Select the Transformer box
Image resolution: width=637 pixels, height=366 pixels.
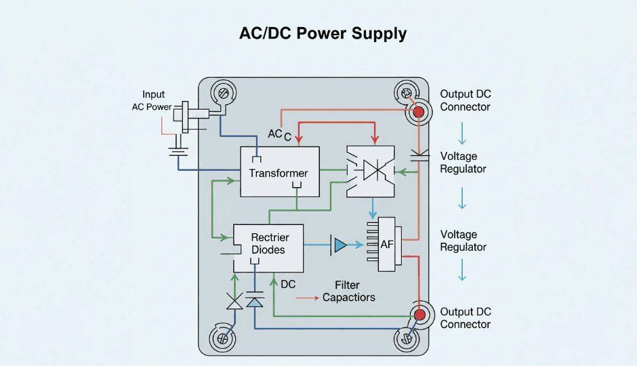point(279,171)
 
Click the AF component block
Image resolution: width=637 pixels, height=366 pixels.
point(387,244)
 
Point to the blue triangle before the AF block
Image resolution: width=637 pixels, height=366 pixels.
point(340,245)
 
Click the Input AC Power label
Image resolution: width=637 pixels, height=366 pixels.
point(152,100)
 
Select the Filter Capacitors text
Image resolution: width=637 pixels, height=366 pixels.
point(348,291)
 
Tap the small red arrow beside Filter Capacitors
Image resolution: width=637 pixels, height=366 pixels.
point(307,298)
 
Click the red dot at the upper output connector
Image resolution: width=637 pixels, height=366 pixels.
point(419,112)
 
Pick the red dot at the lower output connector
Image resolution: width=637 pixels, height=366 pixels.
point(419,314)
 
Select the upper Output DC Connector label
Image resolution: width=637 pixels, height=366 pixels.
point(465,100)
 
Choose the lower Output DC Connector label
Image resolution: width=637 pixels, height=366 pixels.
point(465,318)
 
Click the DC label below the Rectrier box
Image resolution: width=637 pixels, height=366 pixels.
point(288,284)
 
